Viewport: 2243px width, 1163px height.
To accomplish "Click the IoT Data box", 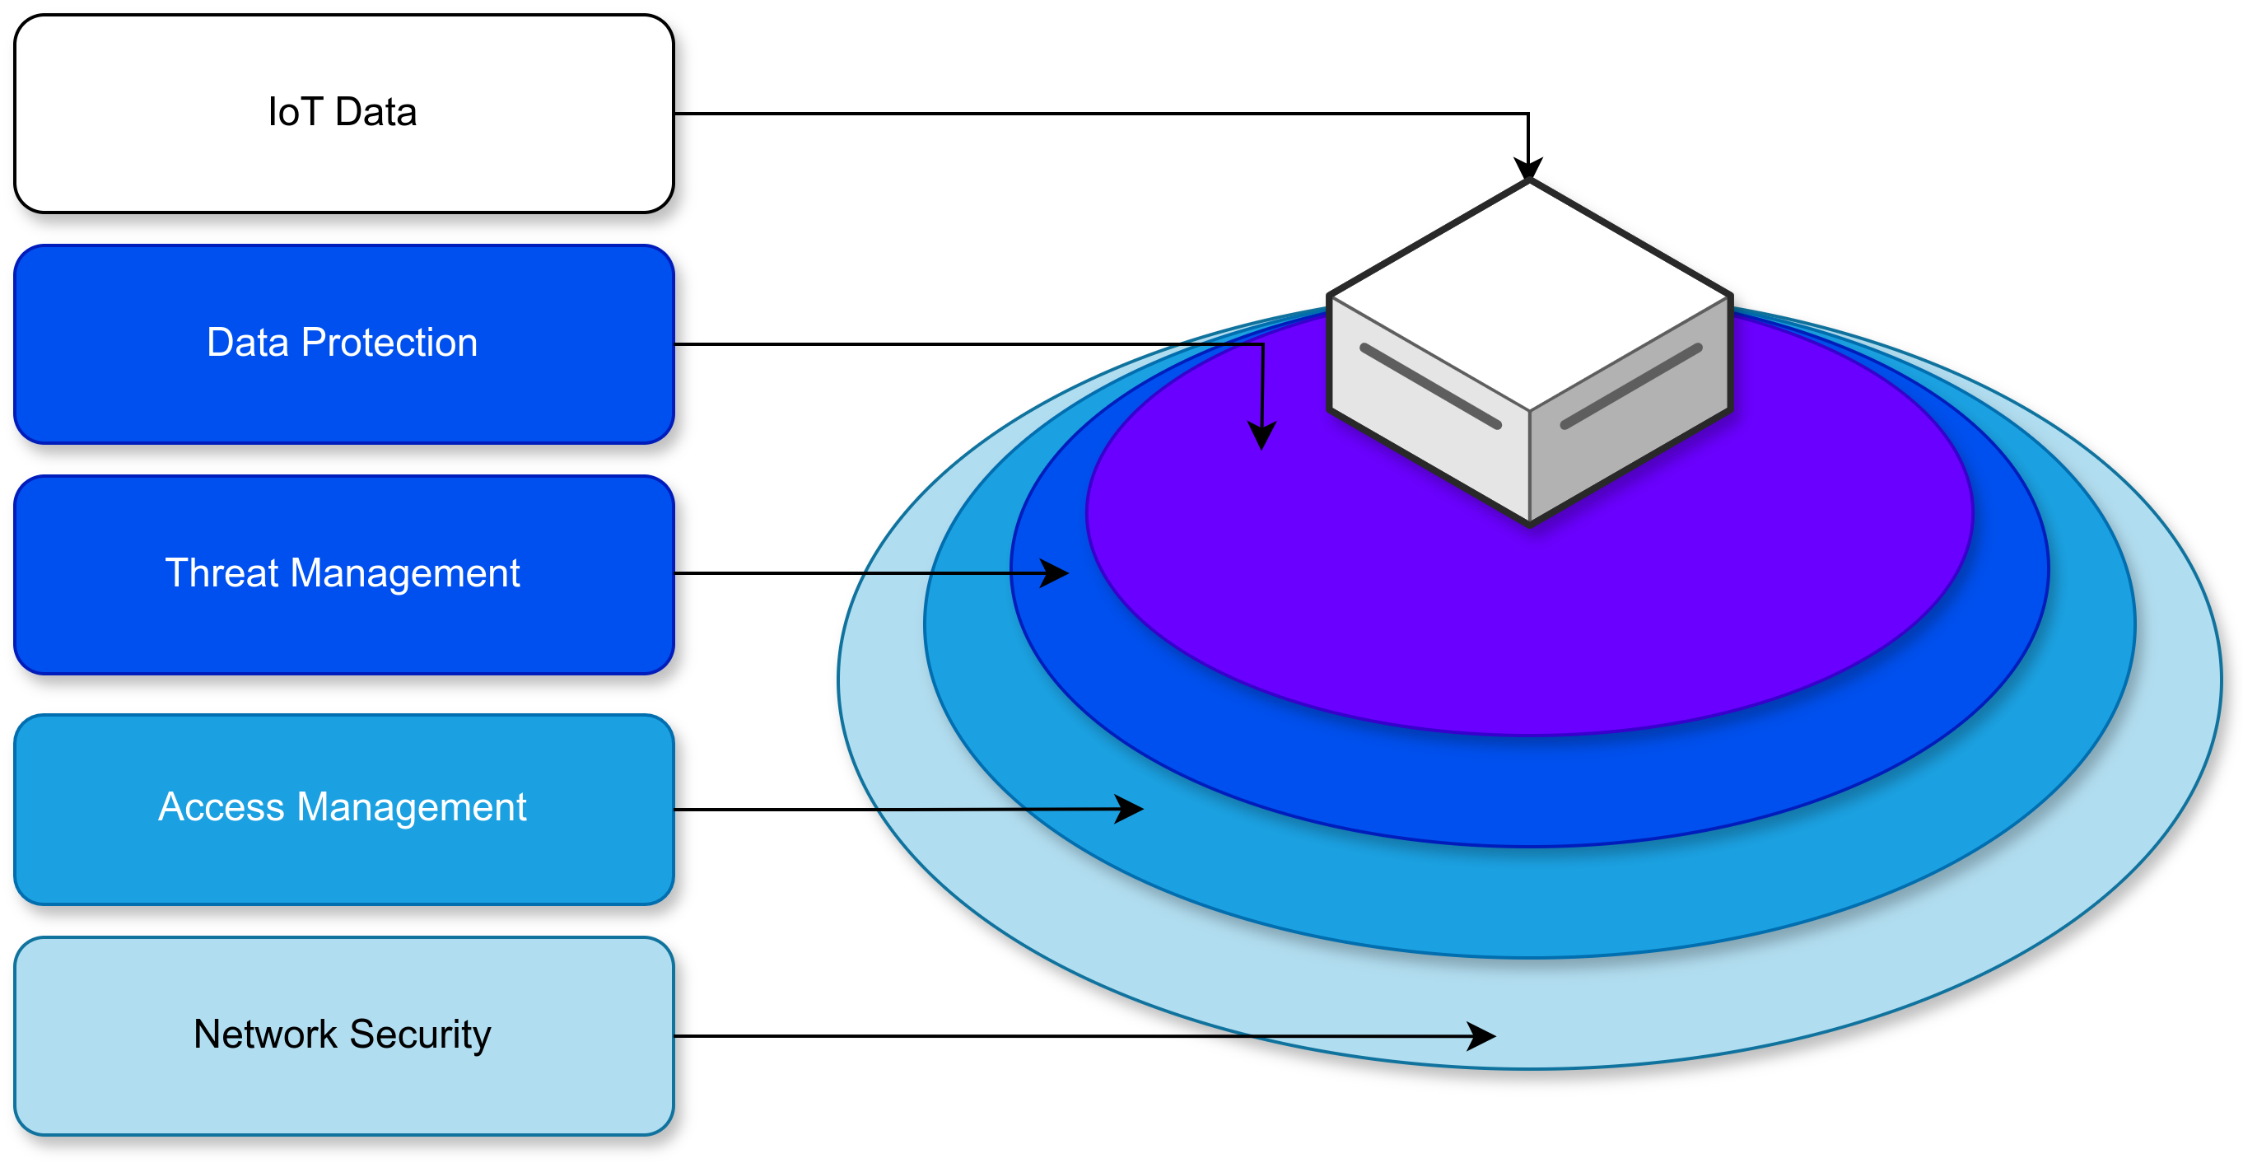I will click(343, 113).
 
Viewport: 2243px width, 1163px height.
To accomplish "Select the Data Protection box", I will click(343, 344).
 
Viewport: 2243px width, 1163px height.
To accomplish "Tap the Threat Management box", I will click(343, 574).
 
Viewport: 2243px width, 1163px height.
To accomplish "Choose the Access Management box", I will click(343, 810).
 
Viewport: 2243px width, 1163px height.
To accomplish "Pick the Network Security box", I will click(343, 1036).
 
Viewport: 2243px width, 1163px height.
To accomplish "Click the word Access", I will click(222, 806).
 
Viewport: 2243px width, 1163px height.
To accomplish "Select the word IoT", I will click(294, 112).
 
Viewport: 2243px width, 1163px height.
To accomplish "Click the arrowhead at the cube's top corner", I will click(1528, 169).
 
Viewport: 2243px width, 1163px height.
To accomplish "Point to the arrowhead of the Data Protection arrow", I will click(1261, 436).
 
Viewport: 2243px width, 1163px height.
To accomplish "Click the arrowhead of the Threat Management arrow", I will click(1056, 573).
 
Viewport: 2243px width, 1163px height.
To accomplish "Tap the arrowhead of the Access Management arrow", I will click(1131, 810).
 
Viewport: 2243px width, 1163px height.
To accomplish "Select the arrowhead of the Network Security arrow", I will click(1482, 1036).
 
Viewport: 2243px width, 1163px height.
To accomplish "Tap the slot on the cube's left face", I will click(1430, 386).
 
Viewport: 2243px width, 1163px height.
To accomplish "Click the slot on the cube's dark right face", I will click(1631, 386).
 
